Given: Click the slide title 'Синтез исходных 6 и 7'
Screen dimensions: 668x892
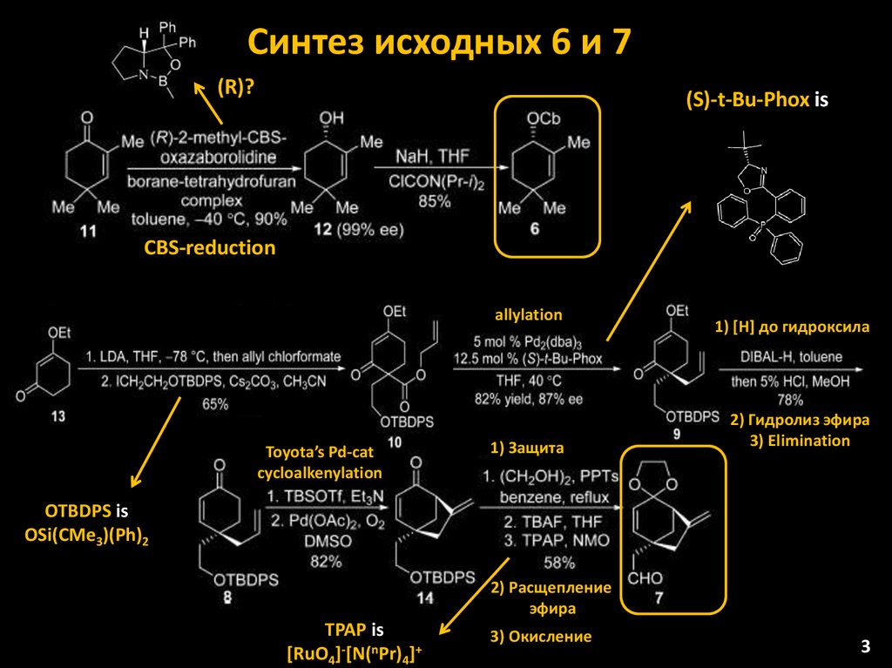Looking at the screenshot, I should coord(437,42).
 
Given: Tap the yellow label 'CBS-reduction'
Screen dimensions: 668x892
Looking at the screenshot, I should coord(209,248).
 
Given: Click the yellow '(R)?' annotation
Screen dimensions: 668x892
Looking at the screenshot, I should coord(235,88).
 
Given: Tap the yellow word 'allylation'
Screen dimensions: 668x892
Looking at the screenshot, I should coord(529,314).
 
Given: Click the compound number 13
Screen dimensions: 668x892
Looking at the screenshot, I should coord(57,416).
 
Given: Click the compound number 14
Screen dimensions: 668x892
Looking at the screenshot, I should coord(426,597).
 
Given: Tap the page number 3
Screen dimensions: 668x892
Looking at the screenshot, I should coord(865,646).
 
